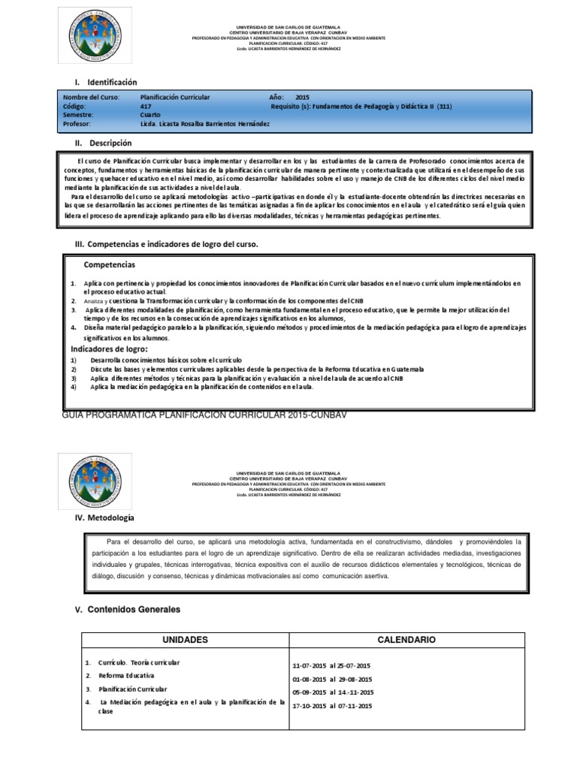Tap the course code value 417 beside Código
click(x=146, y=107)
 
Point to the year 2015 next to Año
click(x=302, y=98)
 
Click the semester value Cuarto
click(x=151, y=115)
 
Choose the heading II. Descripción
click(x=101, y=143)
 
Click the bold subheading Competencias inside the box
click(x=110, y=265)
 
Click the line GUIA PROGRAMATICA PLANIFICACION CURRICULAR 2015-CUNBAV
click(x=204, y=415)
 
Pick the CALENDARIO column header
click(x=406, y=640)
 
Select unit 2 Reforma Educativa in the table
click(x=125, y=675)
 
